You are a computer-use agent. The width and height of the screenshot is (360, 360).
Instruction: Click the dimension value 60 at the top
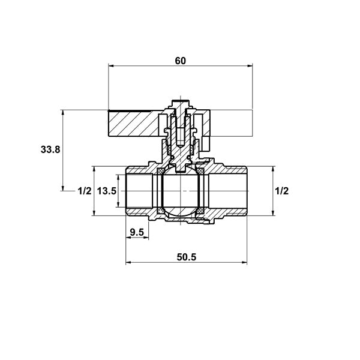(x=180, y=61)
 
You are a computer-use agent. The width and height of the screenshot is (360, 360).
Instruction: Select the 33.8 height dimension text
(x=50, y=149)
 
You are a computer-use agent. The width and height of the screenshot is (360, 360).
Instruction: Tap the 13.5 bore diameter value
(x=107, y=191)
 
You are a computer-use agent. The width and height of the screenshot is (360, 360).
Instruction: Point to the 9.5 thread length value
(x=137, y=232)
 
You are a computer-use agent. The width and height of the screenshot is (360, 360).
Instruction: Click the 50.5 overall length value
(x=187, y=257)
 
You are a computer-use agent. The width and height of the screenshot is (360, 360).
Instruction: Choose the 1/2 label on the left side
(x=85, y=191)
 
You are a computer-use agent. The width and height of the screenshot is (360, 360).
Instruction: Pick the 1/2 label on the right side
(x=282, y=191)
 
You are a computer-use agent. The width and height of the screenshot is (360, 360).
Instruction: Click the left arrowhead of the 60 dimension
(x=111, y=66)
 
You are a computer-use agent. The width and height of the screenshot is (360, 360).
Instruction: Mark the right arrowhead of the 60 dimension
(x=250, y=66)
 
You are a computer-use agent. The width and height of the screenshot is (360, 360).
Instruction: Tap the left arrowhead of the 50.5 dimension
(x=128, y=262)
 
